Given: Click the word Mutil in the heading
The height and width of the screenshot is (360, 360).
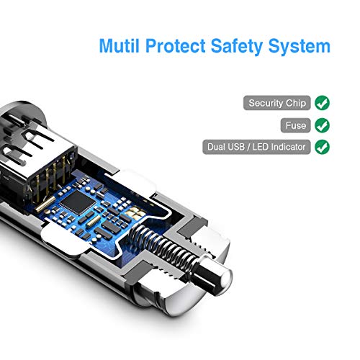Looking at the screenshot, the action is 119,45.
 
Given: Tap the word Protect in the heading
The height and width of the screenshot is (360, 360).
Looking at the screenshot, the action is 176,45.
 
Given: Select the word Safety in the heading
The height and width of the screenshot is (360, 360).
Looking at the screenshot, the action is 237,46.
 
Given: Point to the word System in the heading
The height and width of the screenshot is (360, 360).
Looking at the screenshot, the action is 300,47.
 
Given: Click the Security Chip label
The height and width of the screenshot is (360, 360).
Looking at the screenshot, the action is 277,103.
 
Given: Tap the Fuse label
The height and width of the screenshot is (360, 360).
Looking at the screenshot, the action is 296,125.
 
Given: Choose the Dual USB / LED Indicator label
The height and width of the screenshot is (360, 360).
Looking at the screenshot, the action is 256,147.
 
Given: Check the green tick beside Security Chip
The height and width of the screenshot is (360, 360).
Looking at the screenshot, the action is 322,103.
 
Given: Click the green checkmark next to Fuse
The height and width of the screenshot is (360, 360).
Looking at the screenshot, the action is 322,125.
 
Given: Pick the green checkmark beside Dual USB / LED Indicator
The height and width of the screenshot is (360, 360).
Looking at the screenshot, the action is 322,147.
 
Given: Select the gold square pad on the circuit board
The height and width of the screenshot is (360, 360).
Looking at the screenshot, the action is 137,212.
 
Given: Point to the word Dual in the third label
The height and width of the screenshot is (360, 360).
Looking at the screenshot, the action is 215,147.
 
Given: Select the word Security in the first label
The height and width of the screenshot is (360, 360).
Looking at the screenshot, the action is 266,104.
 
